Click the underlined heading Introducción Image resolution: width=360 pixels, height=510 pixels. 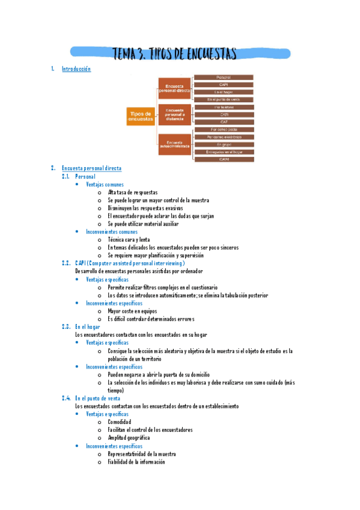point(76,69)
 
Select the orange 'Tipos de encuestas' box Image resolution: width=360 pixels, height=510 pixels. point(140,117)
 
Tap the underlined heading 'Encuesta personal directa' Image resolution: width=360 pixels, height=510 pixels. point(91,168)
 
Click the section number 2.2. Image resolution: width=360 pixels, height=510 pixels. point(66,263)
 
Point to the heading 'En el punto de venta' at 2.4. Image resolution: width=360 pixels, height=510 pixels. point(98,398)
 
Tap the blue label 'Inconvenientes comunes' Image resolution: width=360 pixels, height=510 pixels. point(112,232)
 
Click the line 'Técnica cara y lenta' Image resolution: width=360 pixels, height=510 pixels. point(129,239)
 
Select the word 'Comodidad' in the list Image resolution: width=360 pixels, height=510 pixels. point(120,422)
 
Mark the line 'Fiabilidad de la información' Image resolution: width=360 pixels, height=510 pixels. point(136,462)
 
